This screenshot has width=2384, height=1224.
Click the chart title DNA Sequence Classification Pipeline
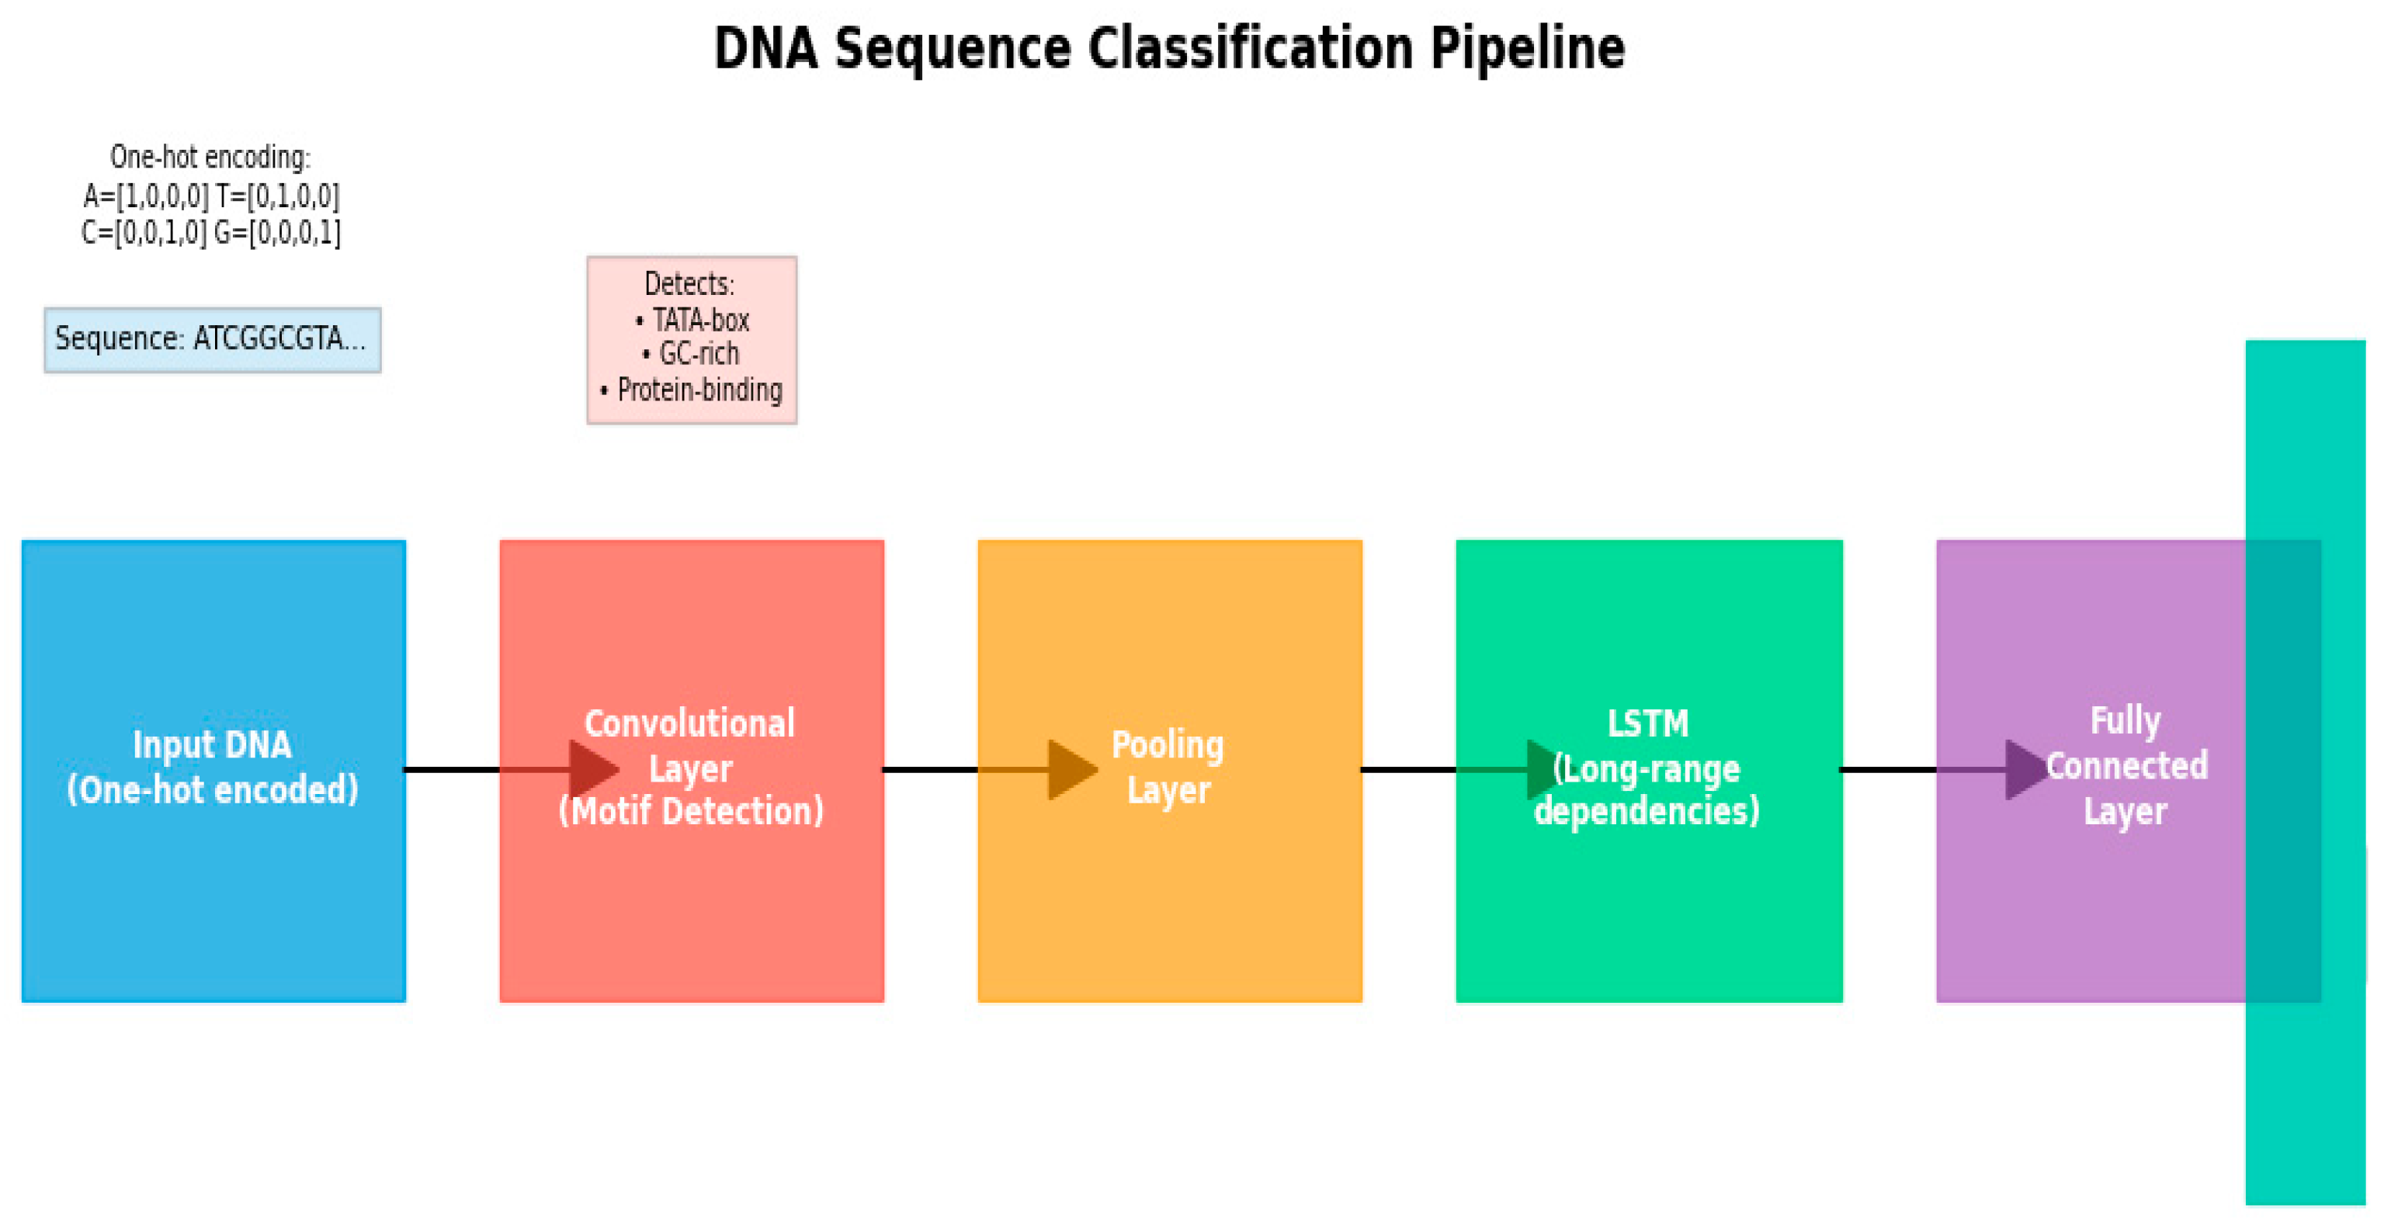pos(1168,48)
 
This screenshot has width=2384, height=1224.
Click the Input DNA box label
pos(212,746)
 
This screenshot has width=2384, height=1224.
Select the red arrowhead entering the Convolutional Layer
pos(592,769)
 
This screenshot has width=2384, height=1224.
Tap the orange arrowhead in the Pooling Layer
pos(1071,769)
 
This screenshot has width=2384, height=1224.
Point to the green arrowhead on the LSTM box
pos(1542,769)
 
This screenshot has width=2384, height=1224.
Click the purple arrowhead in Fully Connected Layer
pos(2024,769)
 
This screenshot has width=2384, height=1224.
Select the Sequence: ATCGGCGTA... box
pos(212,339)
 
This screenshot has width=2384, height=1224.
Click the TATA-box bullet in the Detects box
pos(699,320)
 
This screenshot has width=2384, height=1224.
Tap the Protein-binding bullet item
pos(699,390)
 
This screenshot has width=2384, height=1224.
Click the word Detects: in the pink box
pos(689,283)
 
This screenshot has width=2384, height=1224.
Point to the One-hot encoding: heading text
pos(210,158)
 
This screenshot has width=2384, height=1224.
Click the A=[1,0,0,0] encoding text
pos(146,196)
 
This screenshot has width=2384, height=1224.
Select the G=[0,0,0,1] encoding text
pos(276,232)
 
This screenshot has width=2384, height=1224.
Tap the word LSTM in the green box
pos(1647,723)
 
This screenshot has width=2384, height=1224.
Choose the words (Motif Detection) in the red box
pos(690,811)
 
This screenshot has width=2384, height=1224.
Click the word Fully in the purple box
pos(2125,719)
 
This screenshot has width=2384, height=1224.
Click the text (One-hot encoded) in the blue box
pos(212,790)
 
